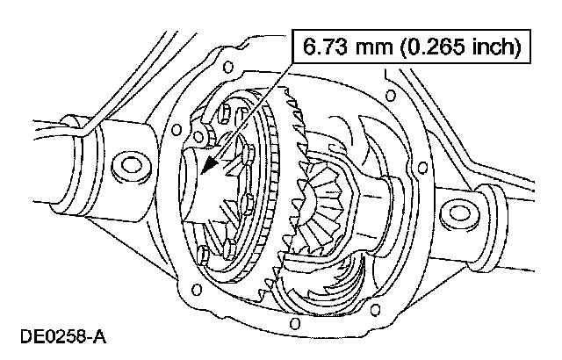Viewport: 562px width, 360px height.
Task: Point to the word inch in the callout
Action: tap(493, 47)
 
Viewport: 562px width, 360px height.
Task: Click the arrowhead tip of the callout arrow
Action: tap(200, 175)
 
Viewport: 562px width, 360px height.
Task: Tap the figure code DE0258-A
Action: tap(61, 336)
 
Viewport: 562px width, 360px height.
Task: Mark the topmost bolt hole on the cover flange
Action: tap(229, 67)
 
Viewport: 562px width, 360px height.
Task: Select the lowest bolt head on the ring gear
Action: tap(203, 256)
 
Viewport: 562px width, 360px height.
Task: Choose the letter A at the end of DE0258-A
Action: tap(104, 336)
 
